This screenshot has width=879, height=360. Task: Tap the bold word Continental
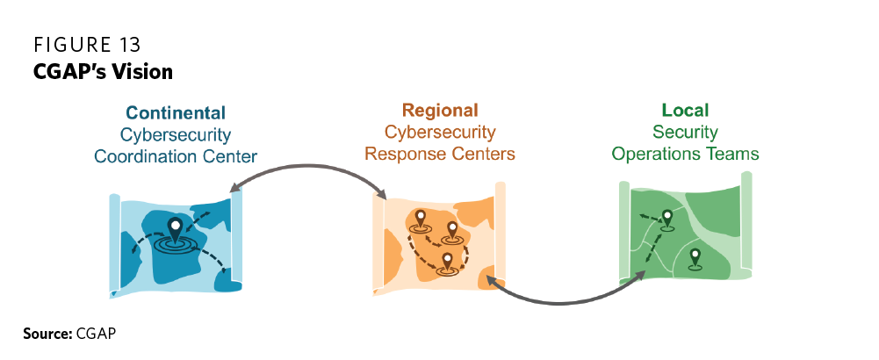176,113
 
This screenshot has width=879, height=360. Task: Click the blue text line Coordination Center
176,156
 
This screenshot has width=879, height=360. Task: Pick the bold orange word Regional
440,111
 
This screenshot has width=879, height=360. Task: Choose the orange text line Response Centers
440,155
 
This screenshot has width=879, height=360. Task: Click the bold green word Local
685,111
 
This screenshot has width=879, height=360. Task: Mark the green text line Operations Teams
685,155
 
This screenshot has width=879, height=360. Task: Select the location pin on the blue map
176,230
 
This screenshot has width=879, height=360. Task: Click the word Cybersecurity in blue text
176,135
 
